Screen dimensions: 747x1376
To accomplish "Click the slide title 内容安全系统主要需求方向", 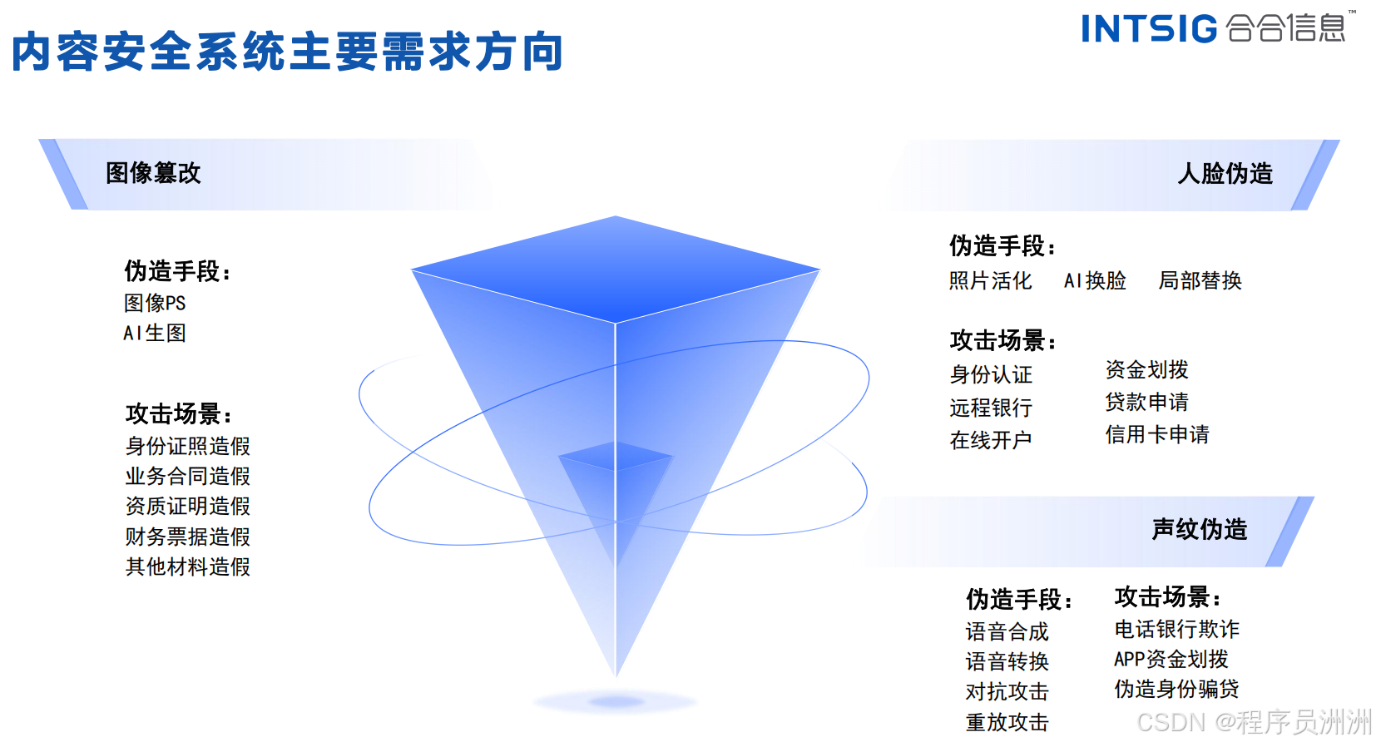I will tap(287, 52).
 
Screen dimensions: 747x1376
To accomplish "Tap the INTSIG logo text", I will tap(1149, 29).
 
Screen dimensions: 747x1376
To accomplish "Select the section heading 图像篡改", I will tap(153, 173).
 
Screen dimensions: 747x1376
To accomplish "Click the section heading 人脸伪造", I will tap(1225, 174).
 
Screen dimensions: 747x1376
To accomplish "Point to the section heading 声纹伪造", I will tap(1200, 529).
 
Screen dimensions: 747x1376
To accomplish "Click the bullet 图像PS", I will tap(155, 303).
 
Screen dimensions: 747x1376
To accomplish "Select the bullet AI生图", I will tap(155, 334).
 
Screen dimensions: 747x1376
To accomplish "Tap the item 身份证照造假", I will tap(188, 447).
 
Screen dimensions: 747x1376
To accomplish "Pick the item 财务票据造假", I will tap(188, 537).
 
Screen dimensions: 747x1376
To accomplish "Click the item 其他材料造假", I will tap(188, 567).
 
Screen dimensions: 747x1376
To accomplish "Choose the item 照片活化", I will tap(991, 281).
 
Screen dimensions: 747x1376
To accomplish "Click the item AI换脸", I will tap(1095, 281).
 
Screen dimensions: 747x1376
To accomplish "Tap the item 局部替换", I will tap(1200, 281).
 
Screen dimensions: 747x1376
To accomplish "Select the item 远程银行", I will tap(991, 408).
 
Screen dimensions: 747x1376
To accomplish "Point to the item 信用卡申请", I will tap(1157, 434).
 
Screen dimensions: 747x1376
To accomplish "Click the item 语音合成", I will tap(1007, 631).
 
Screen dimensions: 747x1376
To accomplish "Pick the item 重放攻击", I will tap(1007, 723).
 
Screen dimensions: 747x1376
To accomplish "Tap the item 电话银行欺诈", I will tap(1176, 629).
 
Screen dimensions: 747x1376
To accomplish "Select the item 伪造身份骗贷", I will tap(1176, 689).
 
